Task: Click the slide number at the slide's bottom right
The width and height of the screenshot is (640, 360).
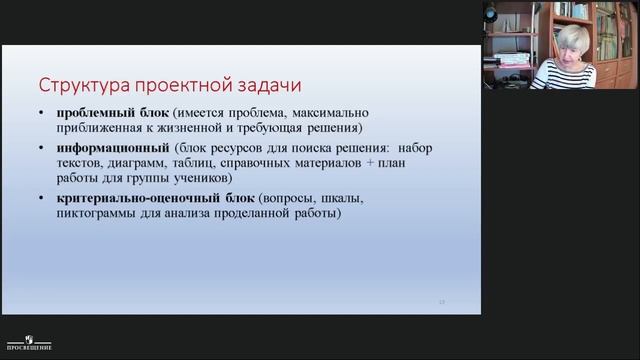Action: (442, 301)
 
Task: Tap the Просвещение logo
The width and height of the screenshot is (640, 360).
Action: (30, 343)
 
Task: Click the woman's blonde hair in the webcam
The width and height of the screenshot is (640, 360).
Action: (572, 38)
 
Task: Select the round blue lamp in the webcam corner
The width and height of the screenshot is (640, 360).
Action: (491, 12)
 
